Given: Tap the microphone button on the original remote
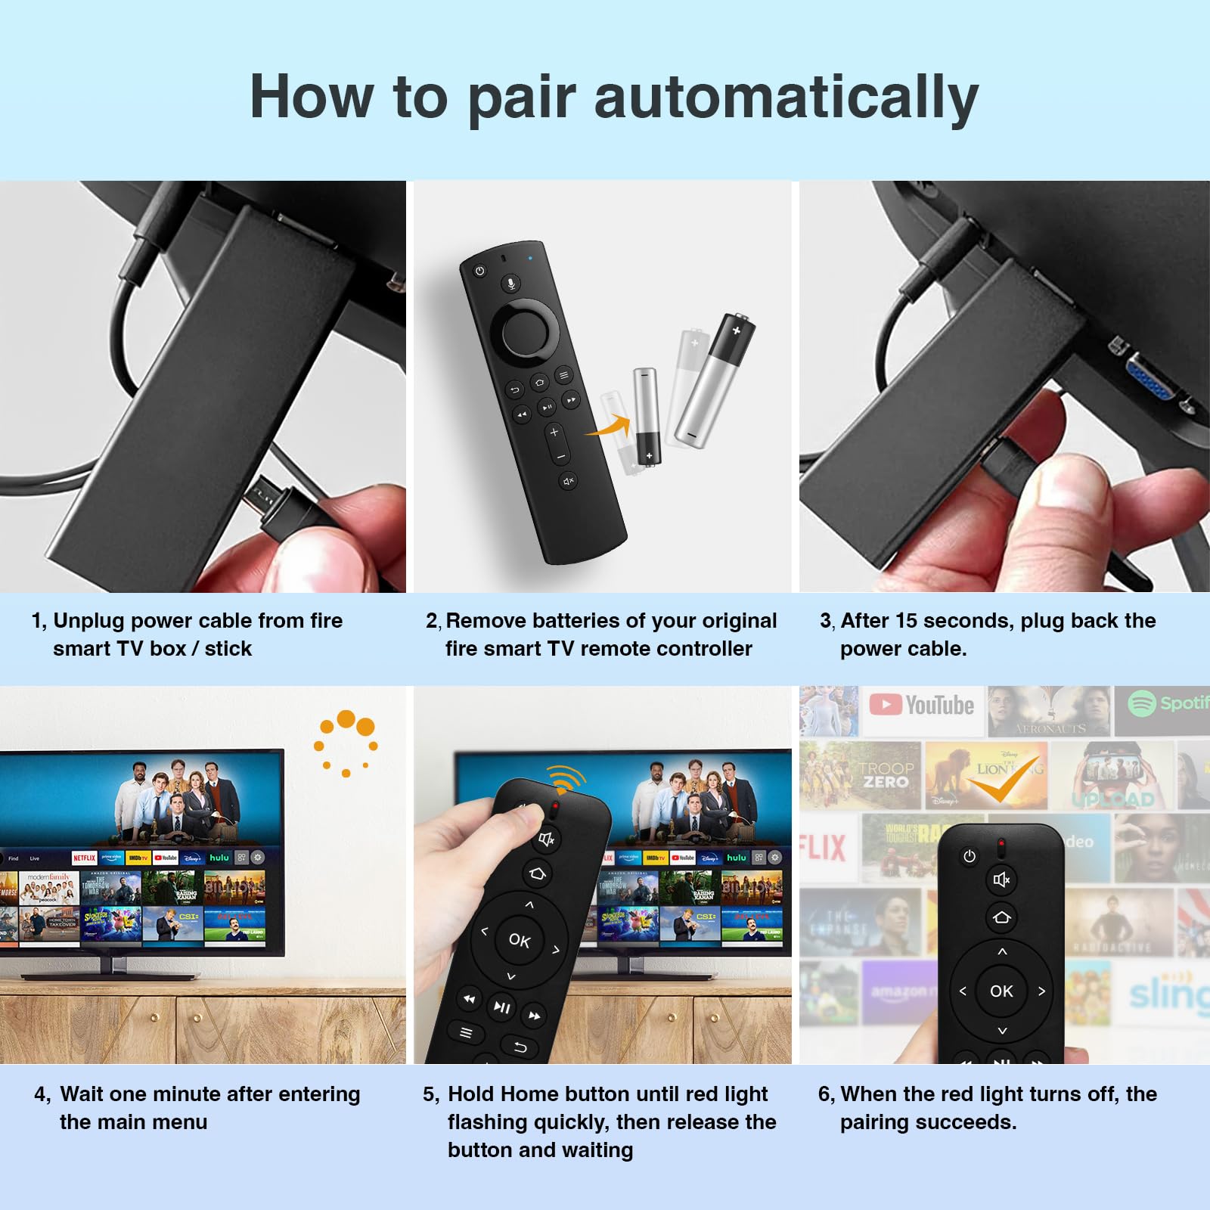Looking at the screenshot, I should (511, 284).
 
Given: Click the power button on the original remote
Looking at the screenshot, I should (479, 270).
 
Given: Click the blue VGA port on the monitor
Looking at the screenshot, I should (1150, 385).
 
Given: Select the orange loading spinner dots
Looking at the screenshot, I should (346, 741).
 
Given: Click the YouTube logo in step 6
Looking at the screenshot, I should (922, 705).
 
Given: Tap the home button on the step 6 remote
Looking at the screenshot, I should (1001, 917).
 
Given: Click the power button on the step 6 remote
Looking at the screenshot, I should (970, 856).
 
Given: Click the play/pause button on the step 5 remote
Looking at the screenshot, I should (501, 1007).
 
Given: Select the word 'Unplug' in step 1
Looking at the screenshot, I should (88, 621).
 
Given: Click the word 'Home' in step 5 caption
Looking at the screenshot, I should (529, 1094).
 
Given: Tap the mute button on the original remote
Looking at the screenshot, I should (569, 480).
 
